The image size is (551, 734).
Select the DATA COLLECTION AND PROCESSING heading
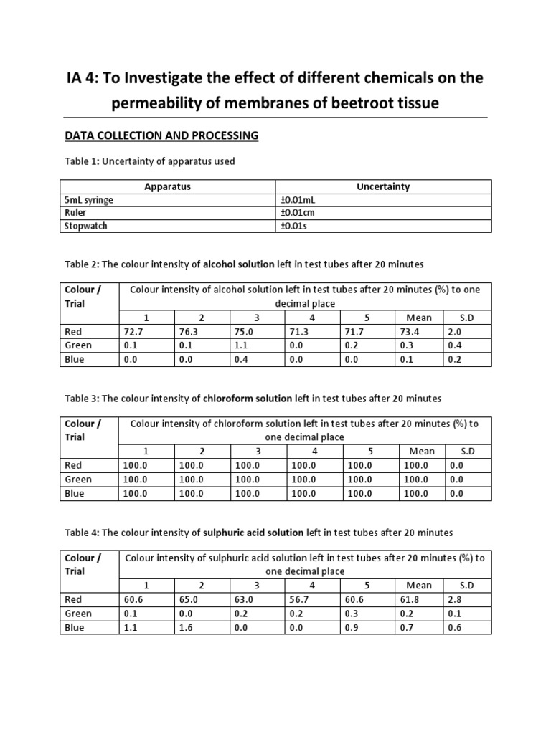coord(162,135)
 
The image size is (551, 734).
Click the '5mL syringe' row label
coord(89,200)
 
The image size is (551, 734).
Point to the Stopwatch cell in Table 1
coord(85,226)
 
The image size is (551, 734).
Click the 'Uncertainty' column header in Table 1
coord(383,186)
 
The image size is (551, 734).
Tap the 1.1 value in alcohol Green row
coord(242,345)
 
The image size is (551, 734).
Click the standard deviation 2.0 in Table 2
coord(454,331)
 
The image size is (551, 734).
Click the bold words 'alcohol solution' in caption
coord(239,264)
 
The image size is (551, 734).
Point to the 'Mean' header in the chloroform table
coord(422,451)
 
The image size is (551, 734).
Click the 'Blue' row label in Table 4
coord(75,627)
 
